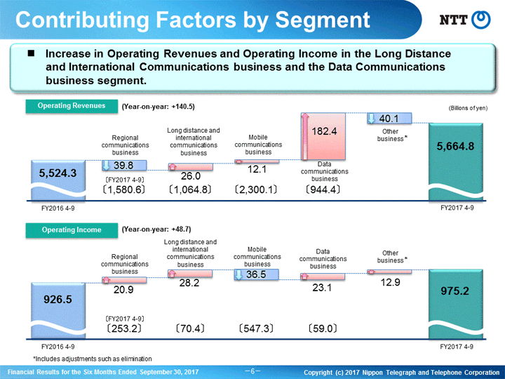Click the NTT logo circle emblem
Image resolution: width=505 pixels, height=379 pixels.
coord(481,20)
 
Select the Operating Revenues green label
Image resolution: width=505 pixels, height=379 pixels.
coord(72,106)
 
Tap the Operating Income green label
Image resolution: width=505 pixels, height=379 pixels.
coord(72,230)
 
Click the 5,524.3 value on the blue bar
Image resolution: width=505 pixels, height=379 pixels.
coord(58,173)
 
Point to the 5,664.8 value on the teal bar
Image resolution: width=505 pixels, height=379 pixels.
coord(455,147)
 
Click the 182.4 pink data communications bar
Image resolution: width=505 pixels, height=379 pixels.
coord(323,136)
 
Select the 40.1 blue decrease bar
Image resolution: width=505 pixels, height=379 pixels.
coord(389,119)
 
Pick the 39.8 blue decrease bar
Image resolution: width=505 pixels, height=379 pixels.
coord(124,166)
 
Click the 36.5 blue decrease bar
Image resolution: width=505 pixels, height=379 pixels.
coord(257,274)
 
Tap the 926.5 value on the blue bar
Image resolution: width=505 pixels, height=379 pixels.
coord(58,300)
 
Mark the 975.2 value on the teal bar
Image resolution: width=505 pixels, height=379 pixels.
coord(454,291)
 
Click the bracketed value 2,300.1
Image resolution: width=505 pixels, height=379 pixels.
coord(256,189)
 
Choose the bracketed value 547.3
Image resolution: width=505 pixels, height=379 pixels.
coord(256,328)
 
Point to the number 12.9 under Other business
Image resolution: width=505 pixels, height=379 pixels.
coord(391,282)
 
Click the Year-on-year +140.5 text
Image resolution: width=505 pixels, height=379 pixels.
coord(158,107)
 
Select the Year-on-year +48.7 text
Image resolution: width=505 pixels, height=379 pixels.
coord(156,230)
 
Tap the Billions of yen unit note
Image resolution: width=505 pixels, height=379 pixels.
coord(468,108)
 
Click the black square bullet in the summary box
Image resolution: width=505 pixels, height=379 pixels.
coord(32,53)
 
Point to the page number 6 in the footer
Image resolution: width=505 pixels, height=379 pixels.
coord(252,371)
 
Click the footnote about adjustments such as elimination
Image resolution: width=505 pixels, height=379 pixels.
coord(93,359)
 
